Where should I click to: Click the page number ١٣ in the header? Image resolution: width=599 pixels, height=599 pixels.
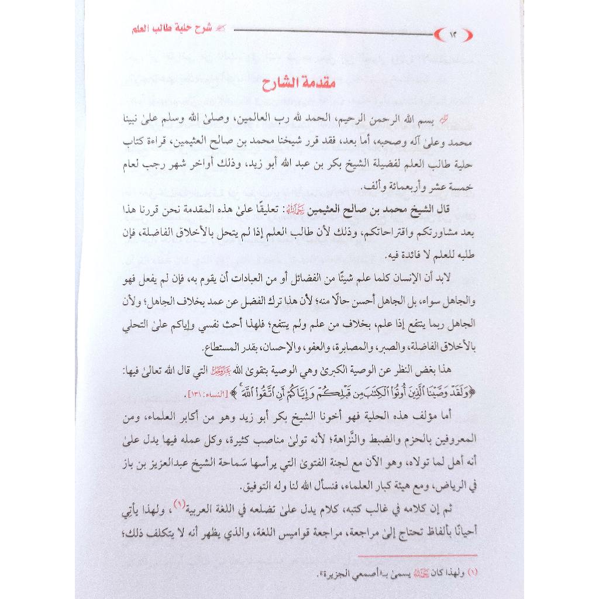coord(453,34)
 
